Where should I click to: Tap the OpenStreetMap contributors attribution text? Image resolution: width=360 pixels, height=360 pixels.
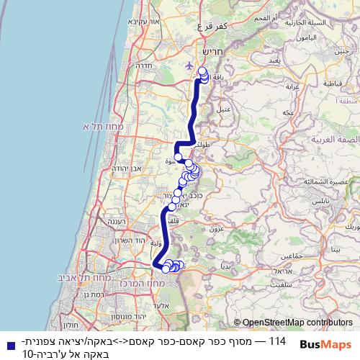click(x=293, y=323)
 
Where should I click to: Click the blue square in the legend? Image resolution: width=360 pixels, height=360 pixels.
click(x=7, y=345)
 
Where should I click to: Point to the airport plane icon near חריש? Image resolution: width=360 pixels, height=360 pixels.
click(x=189, y=66)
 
